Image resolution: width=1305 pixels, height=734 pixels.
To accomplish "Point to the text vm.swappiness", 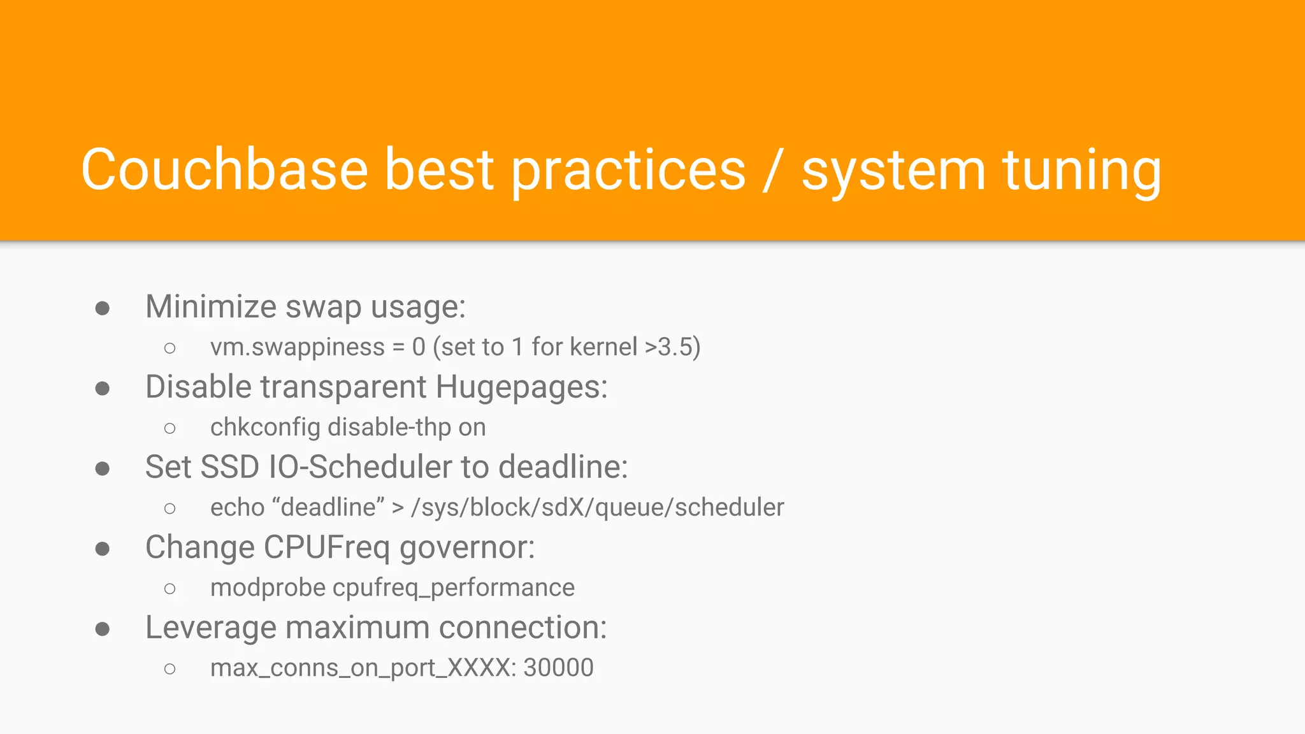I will click(x=298, y=347).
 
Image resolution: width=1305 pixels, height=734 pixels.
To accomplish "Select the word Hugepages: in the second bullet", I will click(x=522, y=387).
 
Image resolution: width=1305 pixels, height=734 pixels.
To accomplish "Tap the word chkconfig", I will click(x=264, y=428).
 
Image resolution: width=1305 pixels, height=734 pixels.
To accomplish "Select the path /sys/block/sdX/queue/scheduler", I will click(x=597, y=508).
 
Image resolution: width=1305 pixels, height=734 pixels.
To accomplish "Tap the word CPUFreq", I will click(x=326, y=547).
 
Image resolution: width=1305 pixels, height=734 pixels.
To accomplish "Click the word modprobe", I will click(x=268, y=588).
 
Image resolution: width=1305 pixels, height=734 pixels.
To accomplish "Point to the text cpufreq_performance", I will click(x=453, y=588).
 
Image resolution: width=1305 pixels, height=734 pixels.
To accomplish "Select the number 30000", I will click(x=558, y=668).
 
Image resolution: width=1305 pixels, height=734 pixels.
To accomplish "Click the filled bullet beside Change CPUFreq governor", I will click(x=103, y=549).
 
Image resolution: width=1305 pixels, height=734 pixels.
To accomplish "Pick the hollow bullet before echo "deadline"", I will click(x=169, y=508).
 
